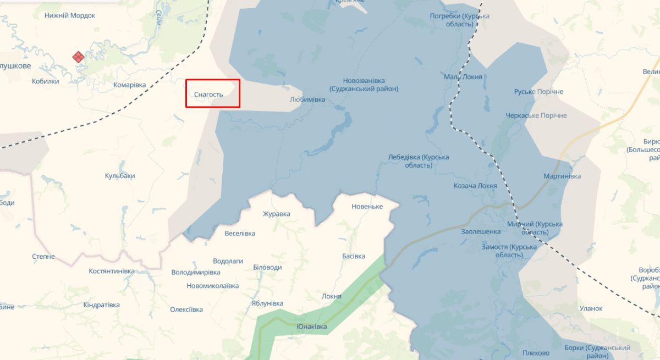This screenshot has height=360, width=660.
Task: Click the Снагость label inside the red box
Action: pyautogui.click(x=208, y=95)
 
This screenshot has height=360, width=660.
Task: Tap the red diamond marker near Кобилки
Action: pyautogui.click(x=78, y=57)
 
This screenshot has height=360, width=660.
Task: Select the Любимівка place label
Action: pyautogui.click(x=307, y=99)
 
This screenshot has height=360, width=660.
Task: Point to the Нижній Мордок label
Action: pyautogui.click(x=70, y=15)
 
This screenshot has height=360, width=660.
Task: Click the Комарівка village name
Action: pyautogui.click(x=129, y=85)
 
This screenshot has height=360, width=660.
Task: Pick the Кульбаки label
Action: pyautogui.click(x=120, y=176)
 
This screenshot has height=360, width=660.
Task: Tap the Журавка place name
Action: pyautogui.click(x=276, y=214)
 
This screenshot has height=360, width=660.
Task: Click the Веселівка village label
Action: pyautogui.click(x=240, y=233)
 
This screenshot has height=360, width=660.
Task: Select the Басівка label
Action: pyautogui.click(x=353, y=256)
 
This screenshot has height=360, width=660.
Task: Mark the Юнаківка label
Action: pyautogui.click(x=311, y=326)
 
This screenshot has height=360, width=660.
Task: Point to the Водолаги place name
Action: pyautogui.click(x=228, y=261)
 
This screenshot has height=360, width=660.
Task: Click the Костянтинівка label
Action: pyautogui.click(x=112, y=271)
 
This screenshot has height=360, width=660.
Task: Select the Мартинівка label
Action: pyautogui.click(x=562, y=176)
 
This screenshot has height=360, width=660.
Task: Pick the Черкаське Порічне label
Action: pyautogui.click(x=536, y=115)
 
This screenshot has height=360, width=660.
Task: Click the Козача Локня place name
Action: pyautogui.click(x=475, y=186)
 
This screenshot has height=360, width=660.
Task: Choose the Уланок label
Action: pyautogui.click(x=591, y=308)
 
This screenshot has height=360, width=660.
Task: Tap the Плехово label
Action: pyautogui.click(x=536, y=353)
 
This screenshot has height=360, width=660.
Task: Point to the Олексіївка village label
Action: pyautogui.click(x=186, y=309)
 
